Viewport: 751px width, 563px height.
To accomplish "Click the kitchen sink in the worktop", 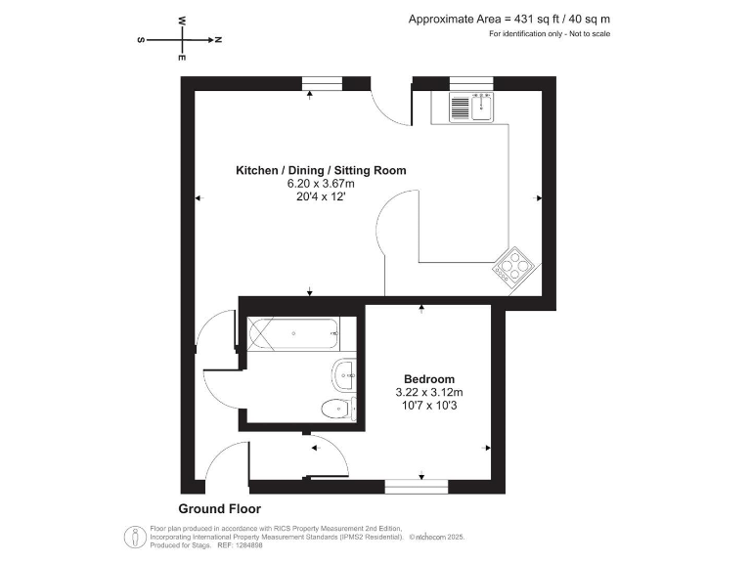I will click(x=473, y=106).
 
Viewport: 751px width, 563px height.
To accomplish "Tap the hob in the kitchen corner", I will click(x=515, y=265).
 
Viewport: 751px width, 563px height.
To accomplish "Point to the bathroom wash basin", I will click(x=344, y=372).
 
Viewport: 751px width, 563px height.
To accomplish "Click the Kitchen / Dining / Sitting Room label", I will click(x=321, y=170).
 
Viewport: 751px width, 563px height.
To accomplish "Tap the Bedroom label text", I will click(x=429, y=379).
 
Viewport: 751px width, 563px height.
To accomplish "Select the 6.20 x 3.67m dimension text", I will click(x=321, y=183).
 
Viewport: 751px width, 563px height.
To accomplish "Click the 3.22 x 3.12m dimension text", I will click(x=429, y=393).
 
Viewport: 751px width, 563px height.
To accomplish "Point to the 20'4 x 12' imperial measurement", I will click(x=321, y=196).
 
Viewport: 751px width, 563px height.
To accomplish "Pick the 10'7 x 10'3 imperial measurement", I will click(x=429, y=407).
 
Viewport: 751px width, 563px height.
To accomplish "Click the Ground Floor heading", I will click(x=219, y=509).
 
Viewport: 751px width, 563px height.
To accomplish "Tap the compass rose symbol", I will click(x=181, y=40).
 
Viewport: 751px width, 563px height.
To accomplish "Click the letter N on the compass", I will click(x=218, y=40).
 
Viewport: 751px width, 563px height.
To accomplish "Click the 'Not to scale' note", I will click(x=585, y=35).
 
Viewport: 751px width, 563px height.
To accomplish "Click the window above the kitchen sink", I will click(x=470, y=82).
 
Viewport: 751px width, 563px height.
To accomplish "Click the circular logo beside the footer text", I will click(x=131, y=537).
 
